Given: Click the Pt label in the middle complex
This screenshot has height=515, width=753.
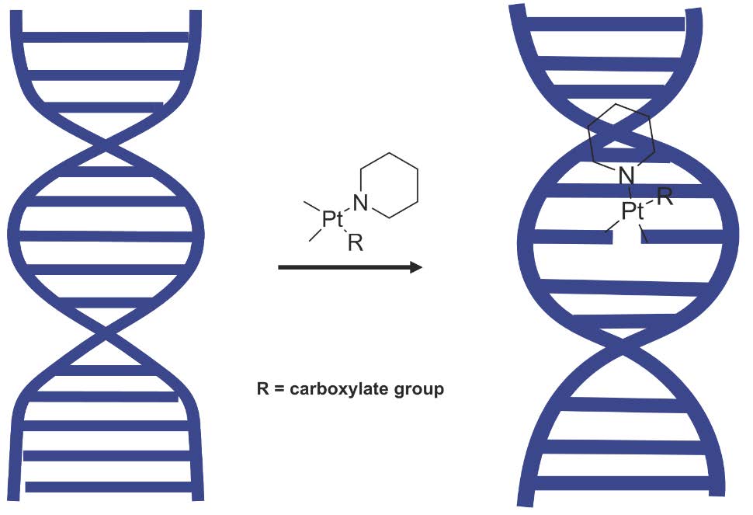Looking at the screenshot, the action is coord(332,220).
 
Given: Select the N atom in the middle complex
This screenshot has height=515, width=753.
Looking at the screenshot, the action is coord(359,204).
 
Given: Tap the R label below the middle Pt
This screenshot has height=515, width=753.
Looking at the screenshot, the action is coord(355,244).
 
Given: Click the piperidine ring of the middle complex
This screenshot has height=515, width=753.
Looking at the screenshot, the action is coord(391,186).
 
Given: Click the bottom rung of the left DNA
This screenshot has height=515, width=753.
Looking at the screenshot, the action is coord(109,487).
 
